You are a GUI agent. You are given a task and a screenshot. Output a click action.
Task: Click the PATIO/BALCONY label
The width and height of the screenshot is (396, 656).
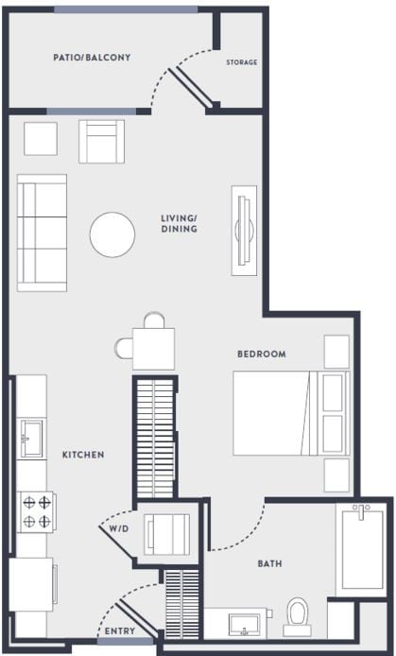(x=92, y=58)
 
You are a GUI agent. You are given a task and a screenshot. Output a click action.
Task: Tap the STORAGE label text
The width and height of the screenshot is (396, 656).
(x=241, y=62)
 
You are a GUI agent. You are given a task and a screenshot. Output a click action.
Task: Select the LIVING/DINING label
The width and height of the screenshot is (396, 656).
(x=179, y=223)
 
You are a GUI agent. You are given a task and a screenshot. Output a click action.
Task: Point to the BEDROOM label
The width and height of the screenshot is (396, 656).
(x=261, y=354)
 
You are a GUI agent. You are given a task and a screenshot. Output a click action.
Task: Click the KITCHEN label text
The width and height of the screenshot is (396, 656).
(x=83, y=455)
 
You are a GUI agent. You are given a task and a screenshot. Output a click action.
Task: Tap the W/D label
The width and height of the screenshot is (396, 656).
(x=117, y=528)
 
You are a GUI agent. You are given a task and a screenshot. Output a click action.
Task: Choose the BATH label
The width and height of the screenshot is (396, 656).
(x=270, y=563)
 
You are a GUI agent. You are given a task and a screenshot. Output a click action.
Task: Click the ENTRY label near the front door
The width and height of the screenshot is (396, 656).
(x=119, y=631)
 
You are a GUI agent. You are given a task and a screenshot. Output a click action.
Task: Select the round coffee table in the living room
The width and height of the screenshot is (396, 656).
(x=112, y=233)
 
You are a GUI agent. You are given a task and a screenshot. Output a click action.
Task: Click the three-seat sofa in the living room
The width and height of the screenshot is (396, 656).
(x=42, y=232)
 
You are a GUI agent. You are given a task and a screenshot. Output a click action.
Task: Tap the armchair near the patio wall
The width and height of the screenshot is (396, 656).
(x=101, y=141)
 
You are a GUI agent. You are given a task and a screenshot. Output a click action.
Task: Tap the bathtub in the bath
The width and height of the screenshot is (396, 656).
(x=363, y=550)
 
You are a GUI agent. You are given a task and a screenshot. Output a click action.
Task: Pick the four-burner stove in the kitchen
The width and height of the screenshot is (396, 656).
(x=36, y=511)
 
